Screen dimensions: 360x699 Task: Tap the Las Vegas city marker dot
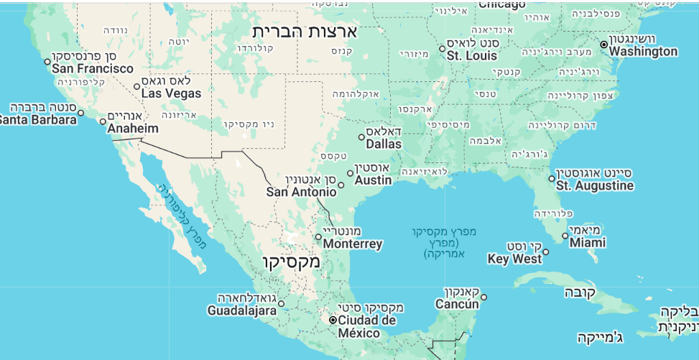pyautogui.click(x=137, y=87)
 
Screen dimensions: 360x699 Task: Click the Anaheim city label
pyautogui.click(x=132, y=129)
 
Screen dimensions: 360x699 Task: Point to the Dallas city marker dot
pyautogui.click(x=362, y=137)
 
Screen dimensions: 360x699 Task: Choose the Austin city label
pyautogui.click(x=373, y=180)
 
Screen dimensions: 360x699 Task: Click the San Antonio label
pyautogui.click(x=301, y=192)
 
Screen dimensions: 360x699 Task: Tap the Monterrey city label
pyautogui.click(x=353, y=244)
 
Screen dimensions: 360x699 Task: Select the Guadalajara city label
pyautogui.click(x=241, y=310)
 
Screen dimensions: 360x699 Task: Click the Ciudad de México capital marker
pyautogui.click(x=333, y=320)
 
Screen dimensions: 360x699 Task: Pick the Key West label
pyautogui.click(x=514, y=259)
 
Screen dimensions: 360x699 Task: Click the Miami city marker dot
pyautogui.click(x=565, y=236)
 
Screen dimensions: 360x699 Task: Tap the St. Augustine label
pyautogui.click(x=595, y=185)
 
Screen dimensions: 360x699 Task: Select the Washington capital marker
pyautogui.click(x=604, y=45)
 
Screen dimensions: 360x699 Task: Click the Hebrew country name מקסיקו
pyautogui.click(x=291, y=262)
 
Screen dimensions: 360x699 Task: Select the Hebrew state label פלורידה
pyautogui.click(x=553, y=213)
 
